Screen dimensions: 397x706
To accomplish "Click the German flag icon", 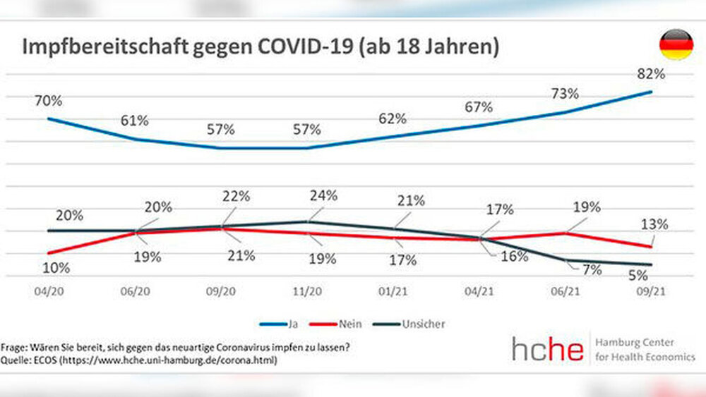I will tap(676, 44).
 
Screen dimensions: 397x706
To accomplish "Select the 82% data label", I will tap(651, 73).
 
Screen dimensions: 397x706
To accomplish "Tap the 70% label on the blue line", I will tap(49, 101).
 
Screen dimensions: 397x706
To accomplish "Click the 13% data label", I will tap(655, 225).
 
